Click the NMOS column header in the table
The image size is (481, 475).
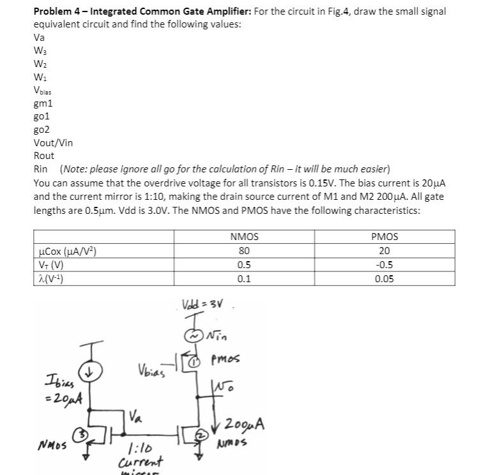pos(244,237)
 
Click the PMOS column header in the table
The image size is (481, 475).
pos(385,237)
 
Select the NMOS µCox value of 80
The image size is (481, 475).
pos(244,251)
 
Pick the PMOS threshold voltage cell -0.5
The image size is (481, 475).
pos(385,265)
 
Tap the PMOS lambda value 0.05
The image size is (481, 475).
pos(385,278)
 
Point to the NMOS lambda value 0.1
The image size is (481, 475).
pos(244,278)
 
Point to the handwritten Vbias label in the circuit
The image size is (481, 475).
pos(151,370)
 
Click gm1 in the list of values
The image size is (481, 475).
pos(43,103)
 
